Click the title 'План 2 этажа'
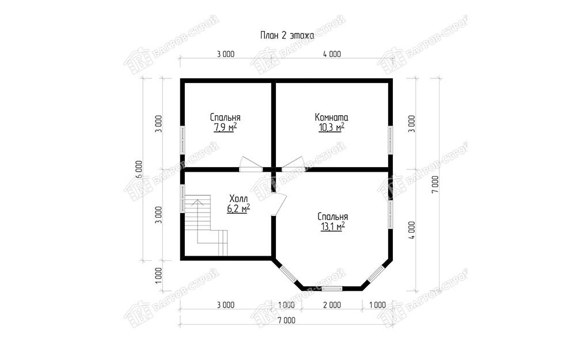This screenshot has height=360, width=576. (x=287, y=36)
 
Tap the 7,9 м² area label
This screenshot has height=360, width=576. (x=225, y=127)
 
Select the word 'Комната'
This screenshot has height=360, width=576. (x=331, y=117)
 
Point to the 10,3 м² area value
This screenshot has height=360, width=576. (x=331, y=127)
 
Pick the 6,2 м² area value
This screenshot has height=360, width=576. (x=238, y=209)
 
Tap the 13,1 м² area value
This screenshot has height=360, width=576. (x=333, y=226)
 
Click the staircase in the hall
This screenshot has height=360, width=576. (x=206, y=225)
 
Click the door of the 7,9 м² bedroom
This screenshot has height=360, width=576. (x=251, y=164)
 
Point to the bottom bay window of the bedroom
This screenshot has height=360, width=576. (x=332, y=289)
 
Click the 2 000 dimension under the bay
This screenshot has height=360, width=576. (x=332, y=305)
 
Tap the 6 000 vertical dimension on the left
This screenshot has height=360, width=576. (x=138, y=169)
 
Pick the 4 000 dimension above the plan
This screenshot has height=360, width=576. (x=332, y=54)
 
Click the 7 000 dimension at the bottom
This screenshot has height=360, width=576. (x=286, y=320)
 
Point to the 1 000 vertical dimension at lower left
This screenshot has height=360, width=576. (x=158, y=275)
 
